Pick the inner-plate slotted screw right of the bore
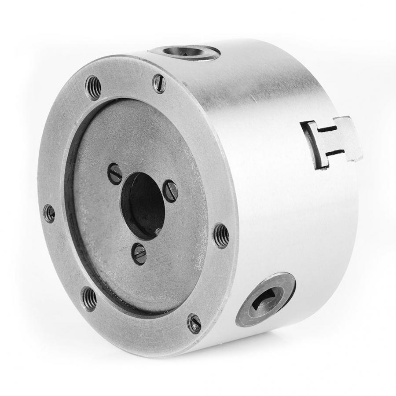(171, 191)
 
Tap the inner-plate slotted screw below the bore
(139, 254)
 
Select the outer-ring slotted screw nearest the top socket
(159, 83)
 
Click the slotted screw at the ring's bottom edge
(194, 324)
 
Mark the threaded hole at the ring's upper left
(93, 87)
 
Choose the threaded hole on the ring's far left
(49, 213)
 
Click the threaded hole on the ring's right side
(220, 236)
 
